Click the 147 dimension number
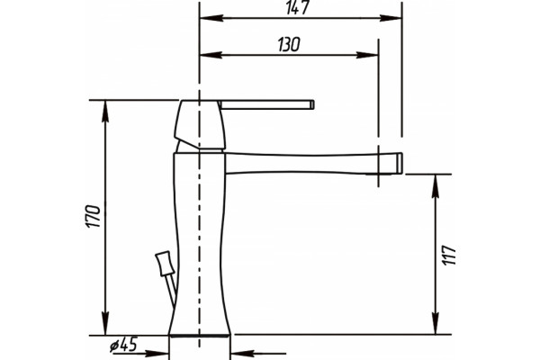point(298,7)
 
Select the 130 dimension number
point(289,44)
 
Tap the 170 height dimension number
point(94,216)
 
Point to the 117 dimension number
point(450,255)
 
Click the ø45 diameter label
point(123,345)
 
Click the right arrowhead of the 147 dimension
point(391,18)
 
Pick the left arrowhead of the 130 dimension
point(211,55)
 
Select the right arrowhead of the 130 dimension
point(367,55)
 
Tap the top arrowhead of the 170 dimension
point(105,112)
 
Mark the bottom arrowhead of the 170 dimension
point(105,323)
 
